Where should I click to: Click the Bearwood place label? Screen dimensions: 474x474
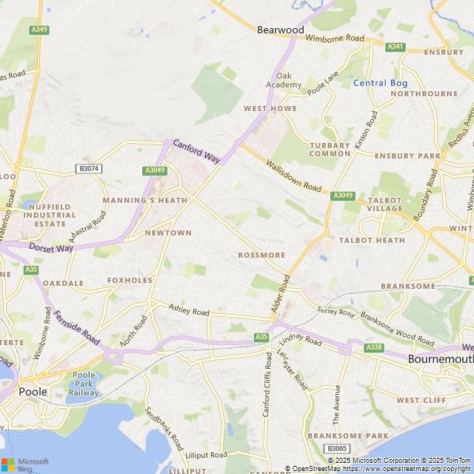280,30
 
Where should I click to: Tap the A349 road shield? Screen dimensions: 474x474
40,30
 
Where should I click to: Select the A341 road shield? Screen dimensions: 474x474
396,46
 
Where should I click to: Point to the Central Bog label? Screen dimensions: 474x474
380,83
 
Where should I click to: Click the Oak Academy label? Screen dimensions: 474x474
289,80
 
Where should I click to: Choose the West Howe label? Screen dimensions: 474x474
270,108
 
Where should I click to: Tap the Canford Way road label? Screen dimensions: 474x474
197,152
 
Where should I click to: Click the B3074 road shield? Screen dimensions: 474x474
89,169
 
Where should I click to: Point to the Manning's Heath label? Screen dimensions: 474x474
145,200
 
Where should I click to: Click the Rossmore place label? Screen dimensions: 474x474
261,255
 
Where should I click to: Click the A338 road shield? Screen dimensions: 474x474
375,347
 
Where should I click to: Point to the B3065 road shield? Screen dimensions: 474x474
337,449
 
